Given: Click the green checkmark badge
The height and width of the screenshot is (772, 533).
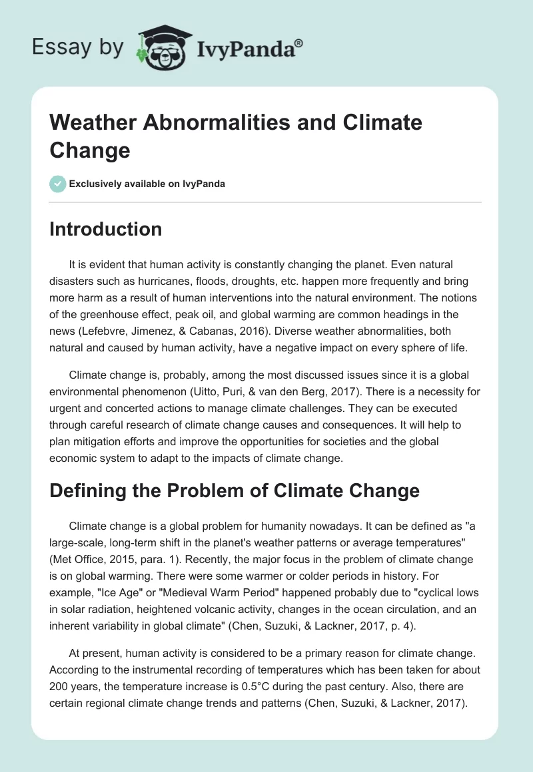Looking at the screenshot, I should pos(58,184).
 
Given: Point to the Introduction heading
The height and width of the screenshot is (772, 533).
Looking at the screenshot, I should pos(105,229).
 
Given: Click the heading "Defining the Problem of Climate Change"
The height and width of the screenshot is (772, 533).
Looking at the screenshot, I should pos(235,490).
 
